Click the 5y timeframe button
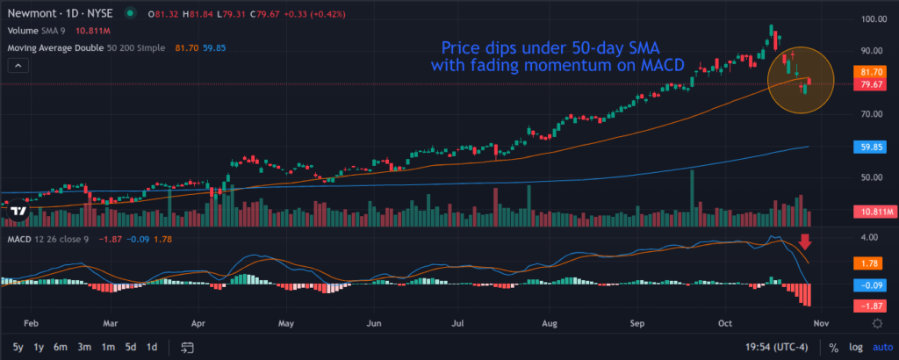point(18,347)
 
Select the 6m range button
point(61,347)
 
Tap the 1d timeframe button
point(152,347)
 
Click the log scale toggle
point(856,347)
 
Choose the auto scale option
point(881,347)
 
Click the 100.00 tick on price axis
point(872,19)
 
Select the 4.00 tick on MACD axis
point(869,238)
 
